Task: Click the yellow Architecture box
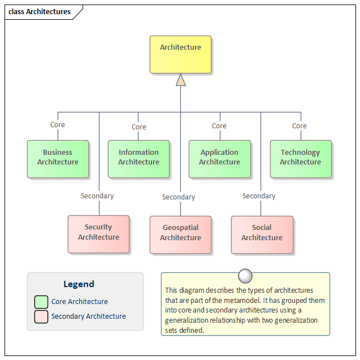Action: pos(180,55)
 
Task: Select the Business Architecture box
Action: pos(58,159)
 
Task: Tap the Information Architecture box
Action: pos(138,159)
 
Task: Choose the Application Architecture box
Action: pos(219,159)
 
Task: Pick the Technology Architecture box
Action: pos(300,159)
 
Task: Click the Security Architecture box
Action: pos(98,234)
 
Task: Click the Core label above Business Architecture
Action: pos(58,125)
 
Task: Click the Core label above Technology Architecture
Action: pos(300,126)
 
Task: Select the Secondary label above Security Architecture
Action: pos(97,196)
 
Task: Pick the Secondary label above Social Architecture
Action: pos(259,196)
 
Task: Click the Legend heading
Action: pos(79,284)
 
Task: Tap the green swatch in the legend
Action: pos(41,302)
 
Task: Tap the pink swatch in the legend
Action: pos(41,316)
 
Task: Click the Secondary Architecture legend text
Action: pos(89,316)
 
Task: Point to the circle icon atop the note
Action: pos(245,276)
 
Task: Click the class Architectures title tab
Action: pos(40,12)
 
